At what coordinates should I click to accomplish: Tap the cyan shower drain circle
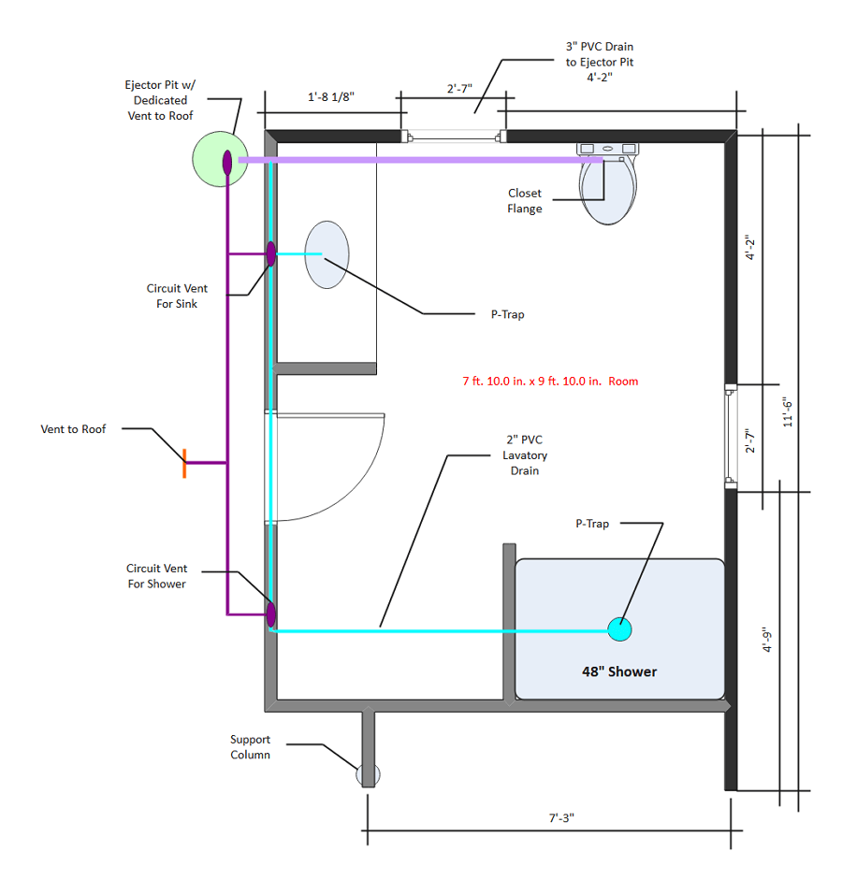tap(619, 629)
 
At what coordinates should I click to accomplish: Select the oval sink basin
tap(327, 254)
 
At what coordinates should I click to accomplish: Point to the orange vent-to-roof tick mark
tap(184, 463)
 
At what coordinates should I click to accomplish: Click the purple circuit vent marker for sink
tap(270, 253)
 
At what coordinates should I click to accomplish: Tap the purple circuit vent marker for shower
tap(270, 614)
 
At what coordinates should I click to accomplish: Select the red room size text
tap(550, 382)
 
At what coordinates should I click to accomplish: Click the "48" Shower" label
tap(619, 671)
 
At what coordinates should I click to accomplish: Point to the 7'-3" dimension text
tap(560, 817)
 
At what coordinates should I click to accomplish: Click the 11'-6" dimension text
tap(788, 411)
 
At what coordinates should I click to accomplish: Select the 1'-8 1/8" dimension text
tap(331, 96)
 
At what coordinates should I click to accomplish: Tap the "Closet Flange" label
tap(525, 201)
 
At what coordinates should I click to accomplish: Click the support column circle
tap(368, 774)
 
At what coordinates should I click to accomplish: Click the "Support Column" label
tap(250, 746)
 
